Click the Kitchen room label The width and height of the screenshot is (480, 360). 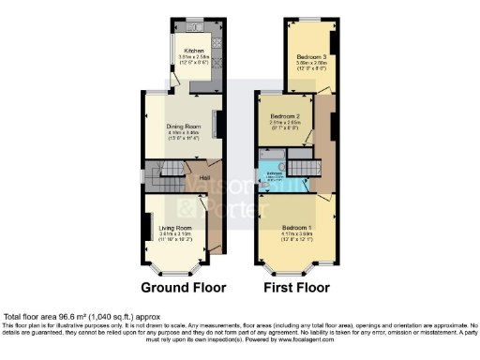point(194,50)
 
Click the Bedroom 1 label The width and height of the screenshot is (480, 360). point(295,229)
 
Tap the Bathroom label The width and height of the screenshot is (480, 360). point(272,175)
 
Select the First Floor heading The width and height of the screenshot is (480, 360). point(295,286)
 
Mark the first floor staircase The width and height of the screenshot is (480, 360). point(301,169)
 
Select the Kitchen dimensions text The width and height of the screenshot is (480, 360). point(194,59)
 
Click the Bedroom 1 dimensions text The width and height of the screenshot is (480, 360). point(295,238)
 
